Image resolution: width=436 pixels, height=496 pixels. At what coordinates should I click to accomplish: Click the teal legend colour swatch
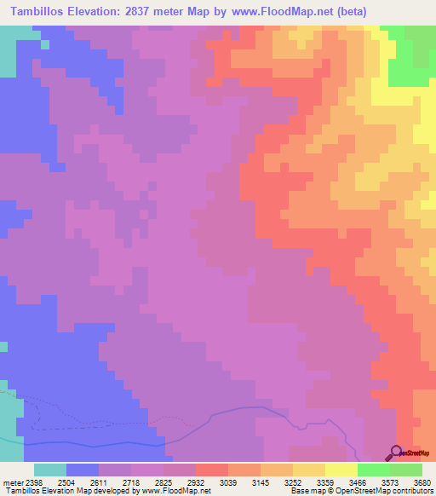tap(50, 470)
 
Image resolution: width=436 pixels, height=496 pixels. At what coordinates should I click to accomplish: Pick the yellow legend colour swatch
tap(341, 470)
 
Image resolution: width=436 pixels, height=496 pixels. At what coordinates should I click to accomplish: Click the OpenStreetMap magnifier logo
tap(397, 452)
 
